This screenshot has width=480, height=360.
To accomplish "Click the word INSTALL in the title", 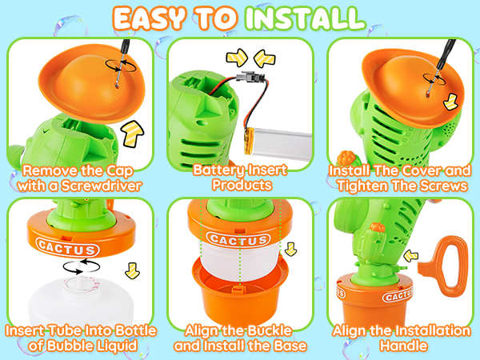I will pos(302,17).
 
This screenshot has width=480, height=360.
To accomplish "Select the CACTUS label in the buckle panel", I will pos(238,238).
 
